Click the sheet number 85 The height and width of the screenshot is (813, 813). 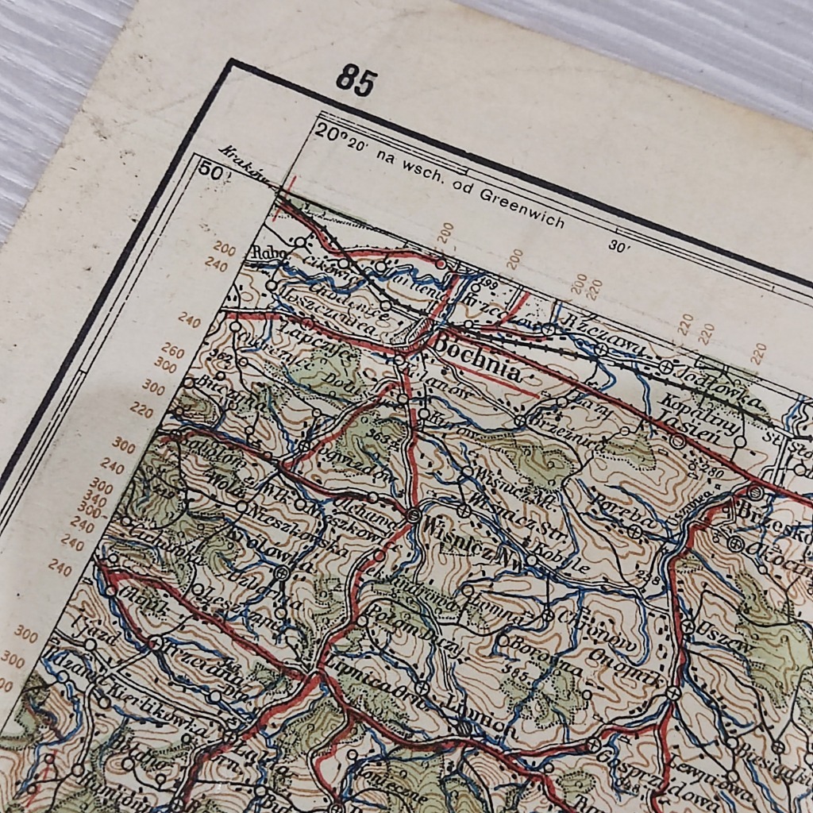click(356, 81)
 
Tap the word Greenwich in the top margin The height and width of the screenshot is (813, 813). click(524, 210)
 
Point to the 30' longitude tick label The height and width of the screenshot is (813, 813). click(618, 246)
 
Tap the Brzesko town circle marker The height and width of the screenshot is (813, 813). click(755, 493)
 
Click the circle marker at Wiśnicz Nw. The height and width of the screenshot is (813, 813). click(413, 515)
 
